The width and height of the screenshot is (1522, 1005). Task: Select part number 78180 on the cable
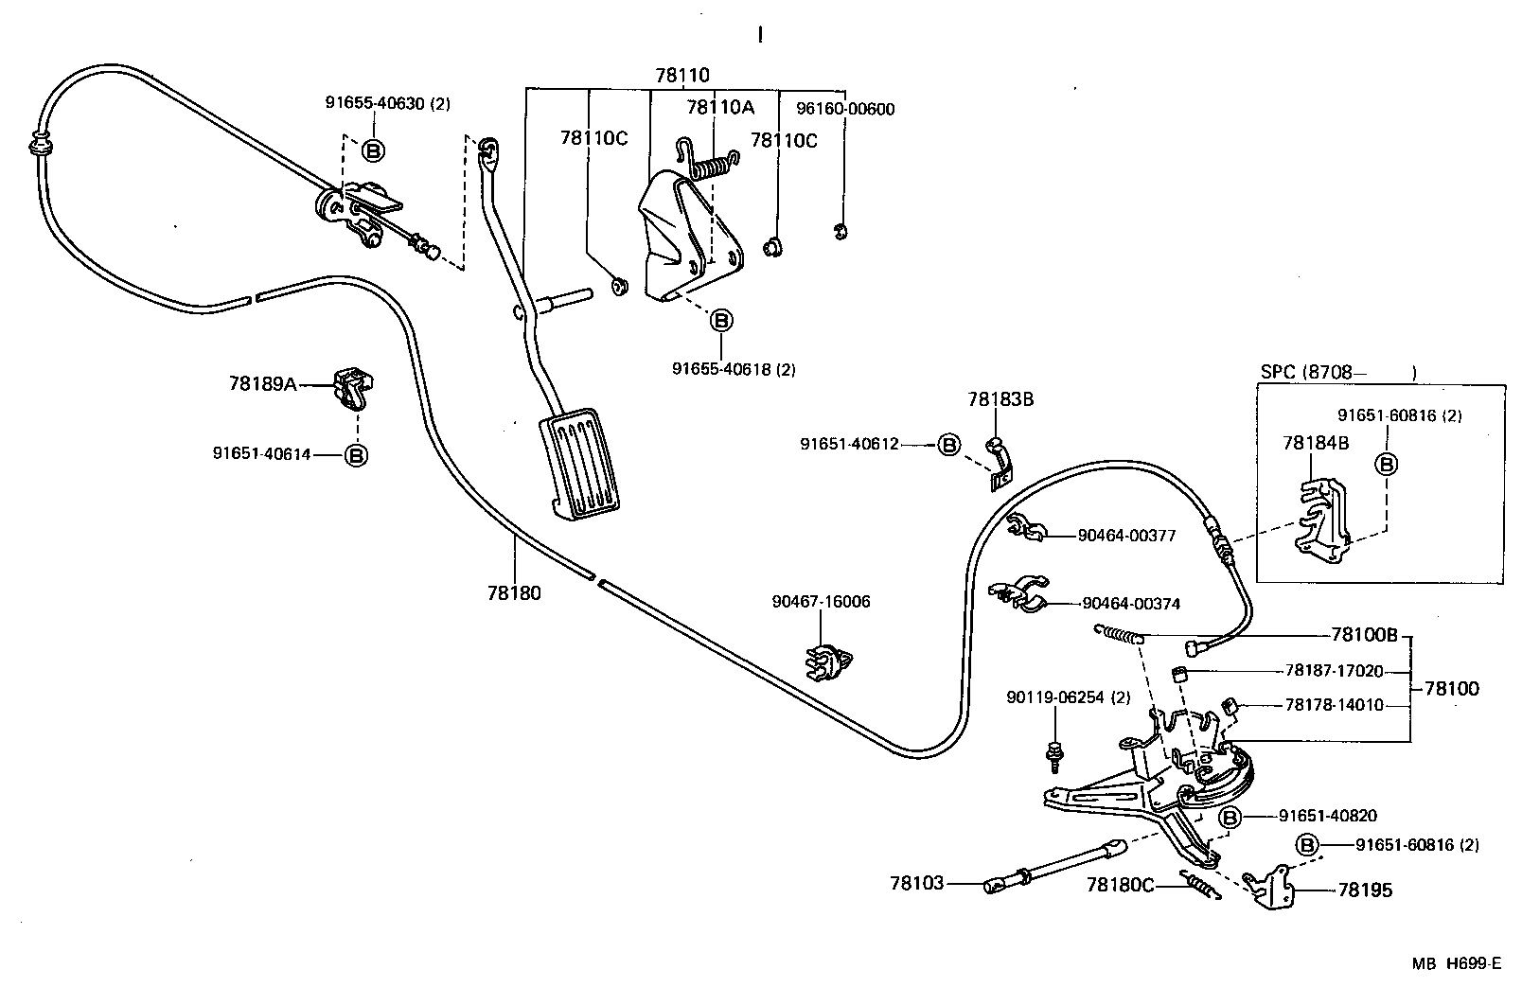[x=514, y=593]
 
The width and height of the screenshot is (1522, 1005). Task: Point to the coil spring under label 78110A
[x=717, y=167]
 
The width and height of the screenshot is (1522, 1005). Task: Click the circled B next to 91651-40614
[x=356, y=455]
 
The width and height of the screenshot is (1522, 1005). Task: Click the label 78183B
[x=1000, y=399]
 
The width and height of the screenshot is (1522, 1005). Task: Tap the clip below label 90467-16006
[x=826, y=660]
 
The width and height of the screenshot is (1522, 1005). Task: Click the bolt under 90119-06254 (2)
[x=1053, y=752]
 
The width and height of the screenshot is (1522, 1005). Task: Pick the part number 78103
[x=916, y=883]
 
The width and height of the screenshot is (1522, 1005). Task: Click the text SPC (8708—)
[x=1337, y=372]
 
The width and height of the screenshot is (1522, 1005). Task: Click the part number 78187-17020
[x=1333, y=671]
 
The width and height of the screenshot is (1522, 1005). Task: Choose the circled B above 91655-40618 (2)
[x=721, y=321]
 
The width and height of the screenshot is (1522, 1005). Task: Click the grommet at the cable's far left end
[x=41, y=144]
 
